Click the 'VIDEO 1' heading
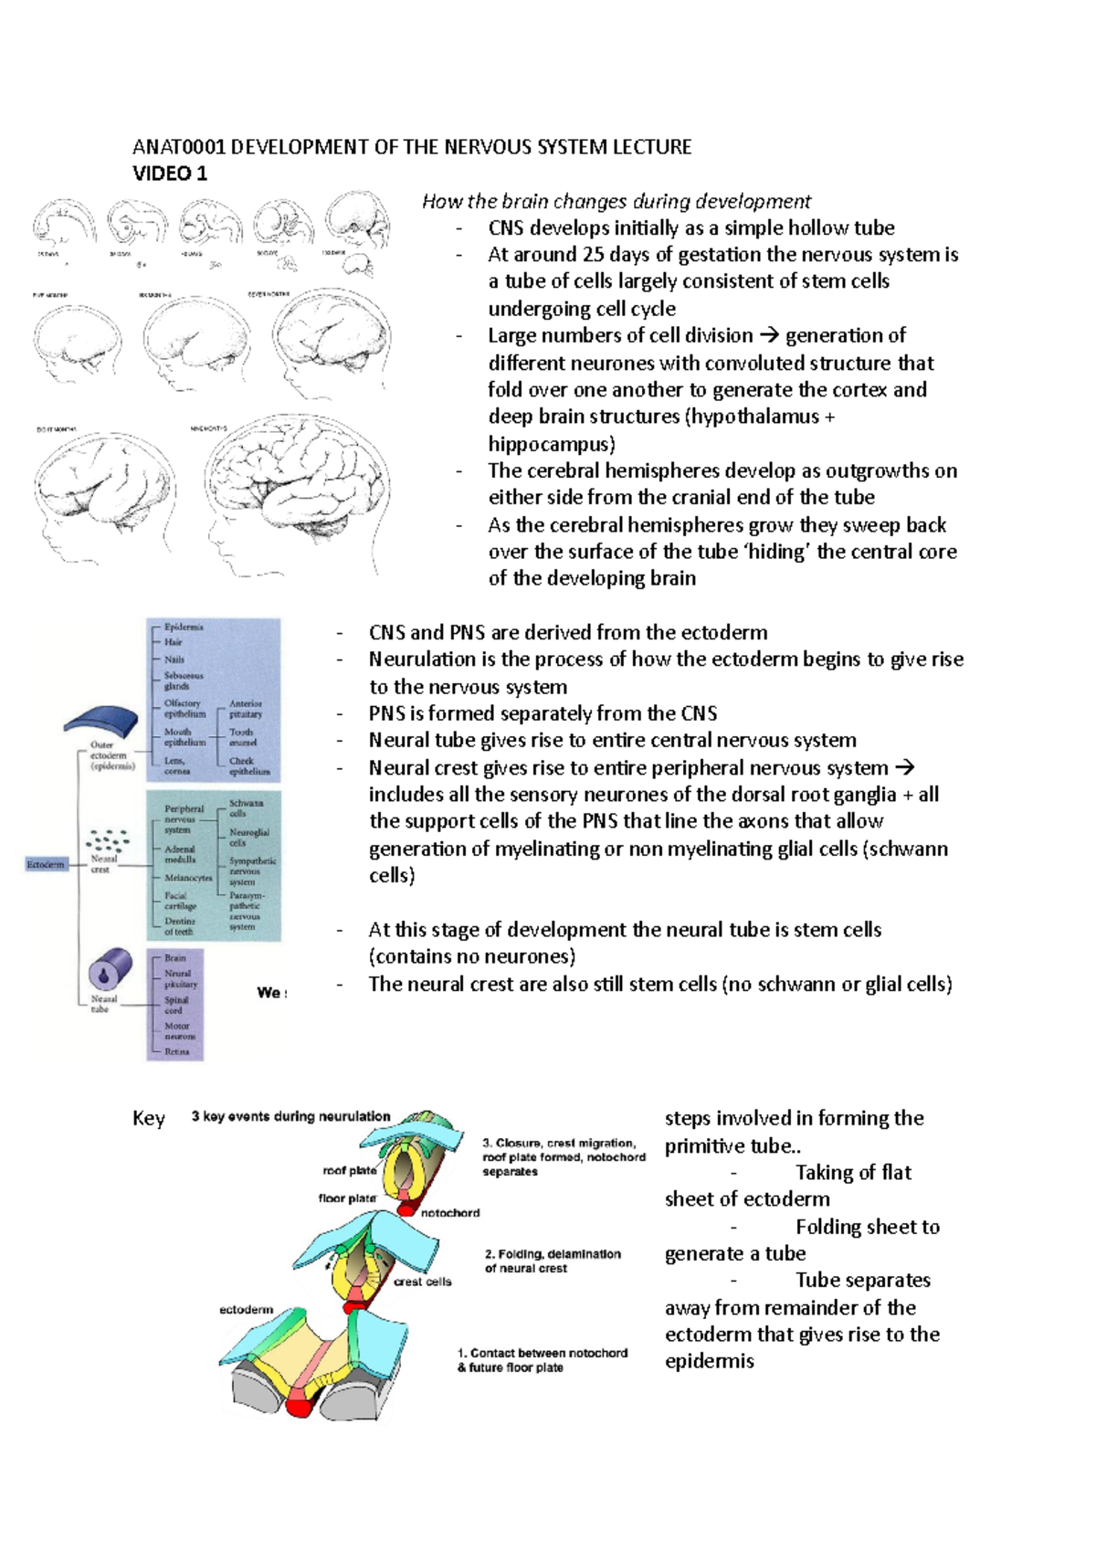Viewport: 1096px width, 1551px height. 170,174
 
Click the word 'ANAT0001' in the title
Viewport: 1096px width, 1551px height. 179,147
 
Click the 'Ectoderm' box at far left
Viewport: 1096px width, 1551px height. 46,864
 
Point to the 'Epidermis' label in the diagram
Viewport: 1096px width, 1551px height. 184,628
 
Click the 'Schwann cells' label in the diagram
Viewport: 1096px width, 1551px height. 245,808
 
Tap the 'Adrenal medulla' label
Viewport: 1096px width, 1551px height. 180,854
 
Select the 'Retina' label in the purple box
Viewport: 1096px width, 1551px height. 177,1051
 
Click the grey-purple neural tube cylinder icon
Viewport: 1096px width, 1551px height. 110,971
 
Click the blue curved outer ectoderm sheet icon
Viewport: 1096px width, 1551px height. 101,721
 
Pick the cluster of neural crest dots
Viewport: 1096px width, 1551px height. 108,840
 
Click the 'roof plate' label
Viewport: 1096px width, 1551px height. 349,1170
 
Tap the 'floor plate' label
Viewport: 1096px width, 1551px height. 347,1198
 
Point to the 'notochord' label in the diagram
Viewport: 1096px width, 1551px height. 450,1213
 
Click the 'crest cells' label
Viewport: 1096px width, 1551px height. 422,1282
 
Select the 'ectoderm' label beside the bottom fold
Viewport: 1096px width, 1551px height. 246,1310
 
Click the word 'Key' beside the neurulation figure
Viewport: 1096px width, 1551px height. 149,1119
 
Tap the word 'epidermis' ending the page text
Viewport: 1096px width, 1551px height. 709,1361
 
